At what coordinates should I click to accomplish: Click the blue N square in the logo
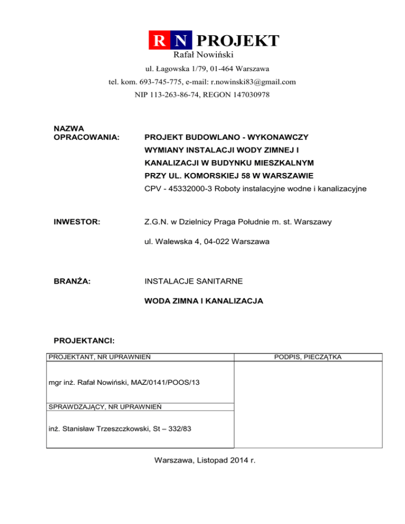coord(181,41)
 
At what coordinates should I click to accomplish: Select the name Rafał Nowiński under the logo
coord(203,54)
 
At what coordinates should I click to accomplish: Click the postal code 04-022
coord(228,242)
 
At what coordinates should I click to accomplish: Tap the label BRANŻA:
coord(72,282)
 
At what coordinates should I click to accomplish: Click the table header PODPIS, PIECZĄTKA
coord(308,357)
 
